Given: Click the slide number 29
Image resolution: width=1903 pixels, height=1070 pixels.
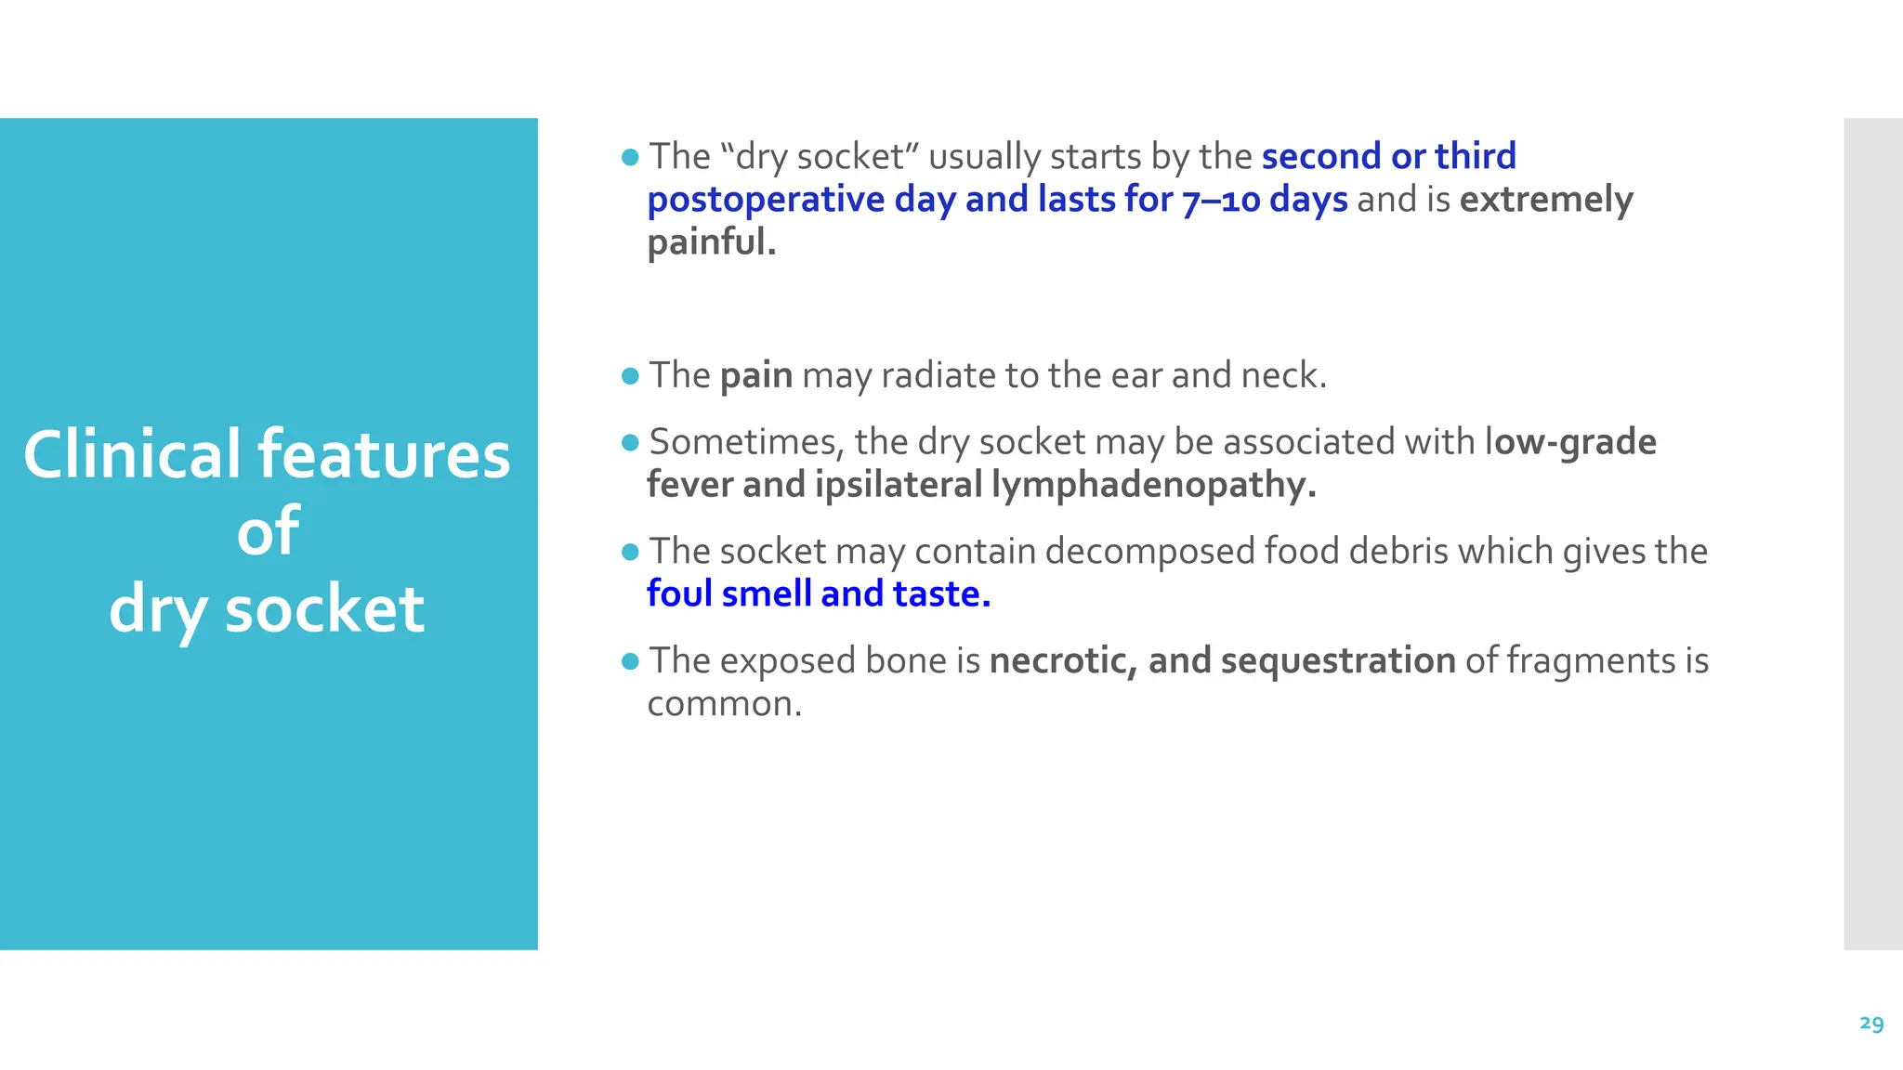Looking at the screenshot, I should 1871,1024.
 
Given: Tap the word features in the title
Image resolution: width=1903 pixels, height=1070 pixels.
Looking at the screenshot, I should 384,455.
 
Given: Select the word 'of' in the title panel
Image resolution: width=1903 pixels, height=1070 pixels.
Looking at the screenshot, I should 268,532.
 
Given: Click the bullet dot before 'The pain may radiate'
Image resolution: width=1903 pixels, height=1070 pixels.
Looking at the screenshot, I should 630,376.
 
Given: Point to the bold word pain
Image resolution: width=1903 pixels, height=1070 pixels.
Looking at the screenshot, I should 756,376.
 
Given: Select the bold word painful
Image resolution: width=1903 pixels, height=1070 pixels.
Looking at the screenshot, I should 711,242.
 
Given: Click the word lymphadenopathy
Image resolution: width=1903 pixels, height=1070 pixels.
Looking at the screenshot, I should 1153,485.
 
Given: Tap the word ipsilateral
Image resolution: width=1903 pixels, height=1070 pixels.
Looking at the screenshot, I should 899,485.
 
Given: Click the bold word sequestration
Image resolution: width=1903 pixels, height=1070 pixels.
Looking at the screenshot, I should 1337,661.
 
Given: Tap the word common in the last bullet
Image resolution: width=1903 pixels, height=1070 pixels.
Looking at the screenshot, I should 723,704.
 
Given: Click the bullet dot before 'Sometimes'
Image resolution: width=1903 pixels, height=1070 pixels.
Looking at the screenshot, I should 630,443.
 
